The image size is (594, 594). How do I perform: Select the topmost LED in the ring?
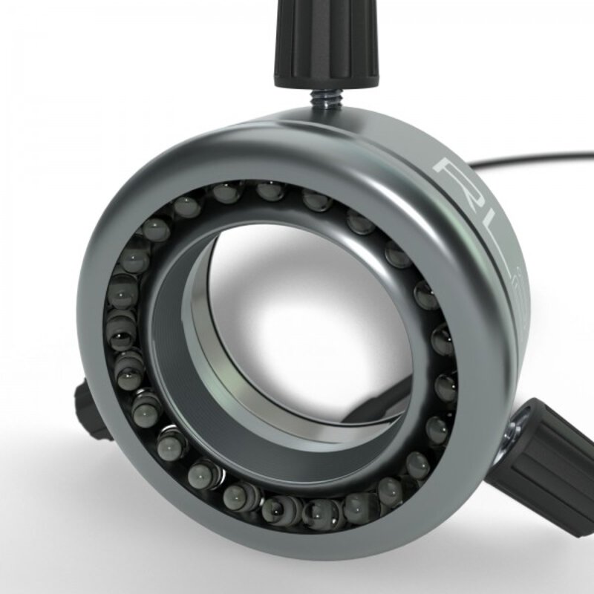point(271,191)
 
